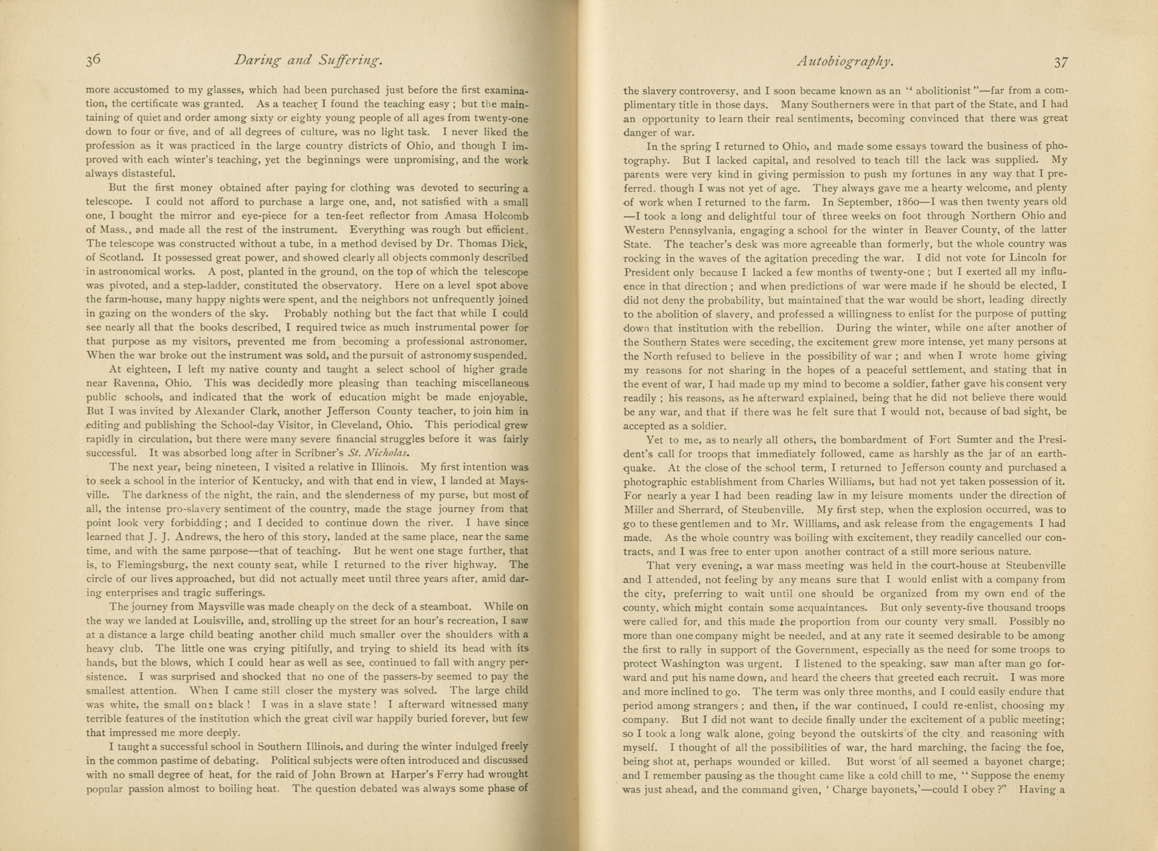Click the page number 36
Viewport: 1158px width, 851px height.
(x=93, y=61)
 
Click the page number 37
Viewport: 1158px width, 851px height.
(x=1061, y=62)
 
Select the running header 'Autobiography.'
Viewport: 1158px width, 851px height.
(x=845, y=61)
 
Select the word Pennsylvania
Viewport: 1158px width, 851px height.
(x=711, y=230)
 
